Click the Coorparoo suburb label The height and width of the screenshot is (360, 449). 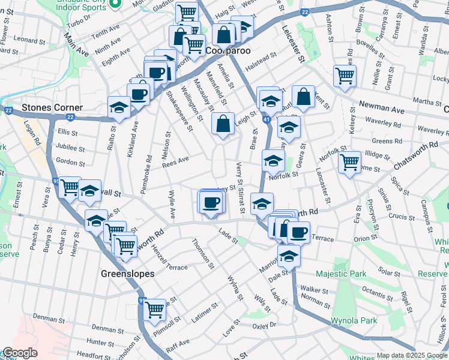click(228, 52)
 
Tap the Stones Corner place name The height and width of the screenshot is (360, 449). click(52, 108)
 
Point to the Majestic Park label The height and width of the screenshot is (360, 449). click(341, 274)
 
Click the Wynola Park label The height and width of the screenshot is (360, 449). click(354, 320)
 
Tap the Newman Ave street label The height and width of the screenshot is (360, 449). click(381, 107)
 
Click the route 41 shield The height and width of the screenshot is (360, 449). click(266, 121)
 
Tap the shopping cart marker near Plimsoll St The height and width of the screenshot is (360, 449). click(155, 310)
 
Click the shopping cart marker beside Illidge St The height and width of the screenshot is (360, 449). click(350, 161)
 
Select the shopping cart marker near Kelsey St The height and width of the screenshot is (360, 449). click(345, 76)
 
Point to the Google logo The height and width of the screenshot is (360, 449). click(19, 353)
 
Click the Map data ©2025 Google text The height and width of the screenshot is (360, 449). click(412, 355)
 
